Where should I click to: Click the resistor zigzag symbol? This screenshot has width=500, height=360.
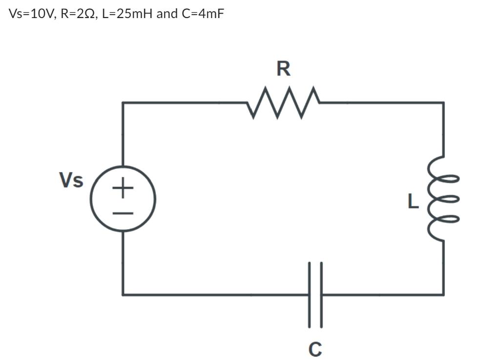284,103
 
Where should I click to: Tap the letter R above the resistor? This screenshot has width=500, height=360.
283,69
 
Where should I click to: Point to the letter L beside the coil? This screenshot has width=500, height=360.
413,201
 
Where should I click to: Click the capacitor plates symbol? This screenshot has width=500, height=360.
315,294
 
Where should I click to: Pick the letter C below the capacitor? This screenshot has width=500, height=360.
315,349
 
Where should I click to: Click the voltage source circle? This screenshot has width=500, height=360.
123,199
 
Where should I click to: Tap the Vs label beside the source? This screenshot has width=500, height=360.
71,180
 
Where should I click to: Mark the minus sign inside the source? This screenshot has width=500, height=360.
123,213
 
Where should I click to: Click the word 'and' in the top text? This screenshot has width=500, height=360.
167,14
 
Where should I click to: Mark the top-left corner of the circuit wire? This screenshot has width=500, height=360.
123,103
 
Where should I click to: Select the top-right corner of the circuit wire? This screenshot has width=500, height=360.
443,103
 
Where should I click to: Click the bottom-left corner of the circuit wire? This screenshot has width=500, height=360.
123,294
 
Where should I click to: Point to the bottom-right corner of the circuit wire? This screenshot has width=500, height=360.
443,294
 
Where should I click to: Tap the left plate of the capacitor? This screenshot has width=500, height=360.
310,294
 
